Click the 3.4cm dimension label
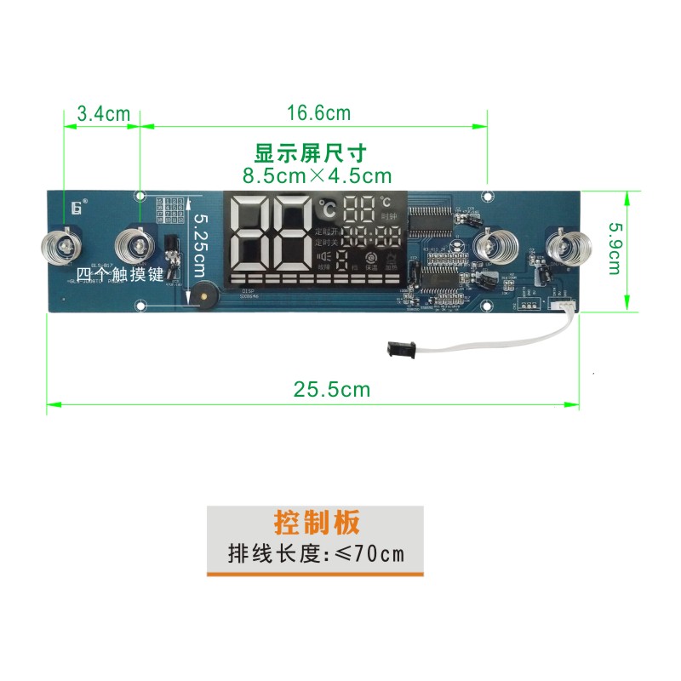102,113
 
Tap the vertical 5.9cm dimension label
613,247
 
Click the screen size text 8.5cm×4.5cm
317,176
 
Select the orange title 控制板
317,521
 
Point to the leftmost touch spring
60,246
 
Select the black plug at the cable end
399,347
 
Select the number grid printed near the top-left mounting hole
169,209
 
